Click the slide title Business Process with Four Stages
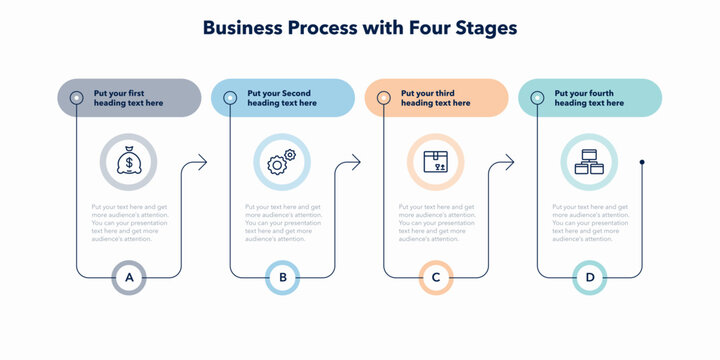pos(360,28)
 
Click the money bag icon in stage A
pos(128,162)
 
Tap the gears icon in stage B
pos(282,162)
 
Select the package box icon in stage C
pos(435,162)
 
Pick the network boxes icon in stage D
pos(589,162)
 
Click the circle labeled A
pos(128,277)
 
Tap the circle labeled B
pos(282,277)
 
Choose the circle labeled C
pos(436,277)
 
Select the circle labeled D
pos(590,277)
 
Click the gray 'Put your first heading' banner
pos(129,98)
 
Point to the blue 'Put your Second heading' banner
pos(283,98)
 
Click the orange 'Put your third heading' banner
pos(436,98)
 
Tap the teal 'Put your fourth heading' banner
pos(590,98)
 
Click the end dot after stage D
pos(642,162)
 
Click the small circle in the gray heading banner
pos(77,98)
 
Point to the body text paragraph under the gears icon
pos(284,223)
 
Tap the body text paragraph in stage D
pos(591,223)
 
